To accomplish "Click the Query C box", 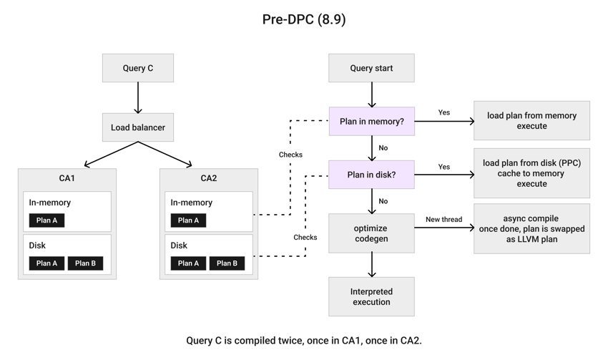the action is [x=138, y=68].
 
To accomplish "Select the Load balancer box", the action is [x=138, y=127].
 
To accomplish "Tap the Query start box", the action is [x=371, y=68].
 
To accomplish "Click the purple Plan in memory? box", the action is [x=372, y=122].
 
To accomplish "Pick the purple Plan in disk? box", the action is [x=371, y=175].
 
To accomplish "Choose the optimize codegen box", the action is [x=371, y=233].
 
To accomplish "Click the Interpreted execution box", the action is [x=371, y=296].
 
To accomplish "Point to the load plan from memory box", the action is [x=531, y=121].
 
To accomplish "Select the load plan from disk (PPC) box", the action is [x=531, y=173].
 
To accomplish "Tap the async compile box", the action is [x=531, y=228].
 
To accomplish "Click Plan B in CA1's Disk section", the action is [x=85, y=263].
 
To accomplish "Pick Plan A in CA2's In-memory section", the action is [x=188, y=220].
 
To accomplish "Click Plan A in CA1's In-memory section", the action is [x=47, y=220].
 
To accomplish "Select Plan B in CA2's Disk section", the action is [x=227, y=263].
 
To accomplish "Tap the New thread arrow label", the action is [x=444, y=219].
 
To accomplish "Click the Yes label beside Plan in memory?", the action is [x=444, y=112].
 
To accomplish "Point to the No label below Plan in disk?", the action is [x=383, y=201].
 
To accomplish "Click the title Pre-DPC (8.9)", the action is [x=304, y=19].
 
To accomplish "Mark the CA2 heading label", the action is [x=209, y=178].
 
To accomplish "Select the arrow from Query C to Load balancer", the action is [x=138, y=98].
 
